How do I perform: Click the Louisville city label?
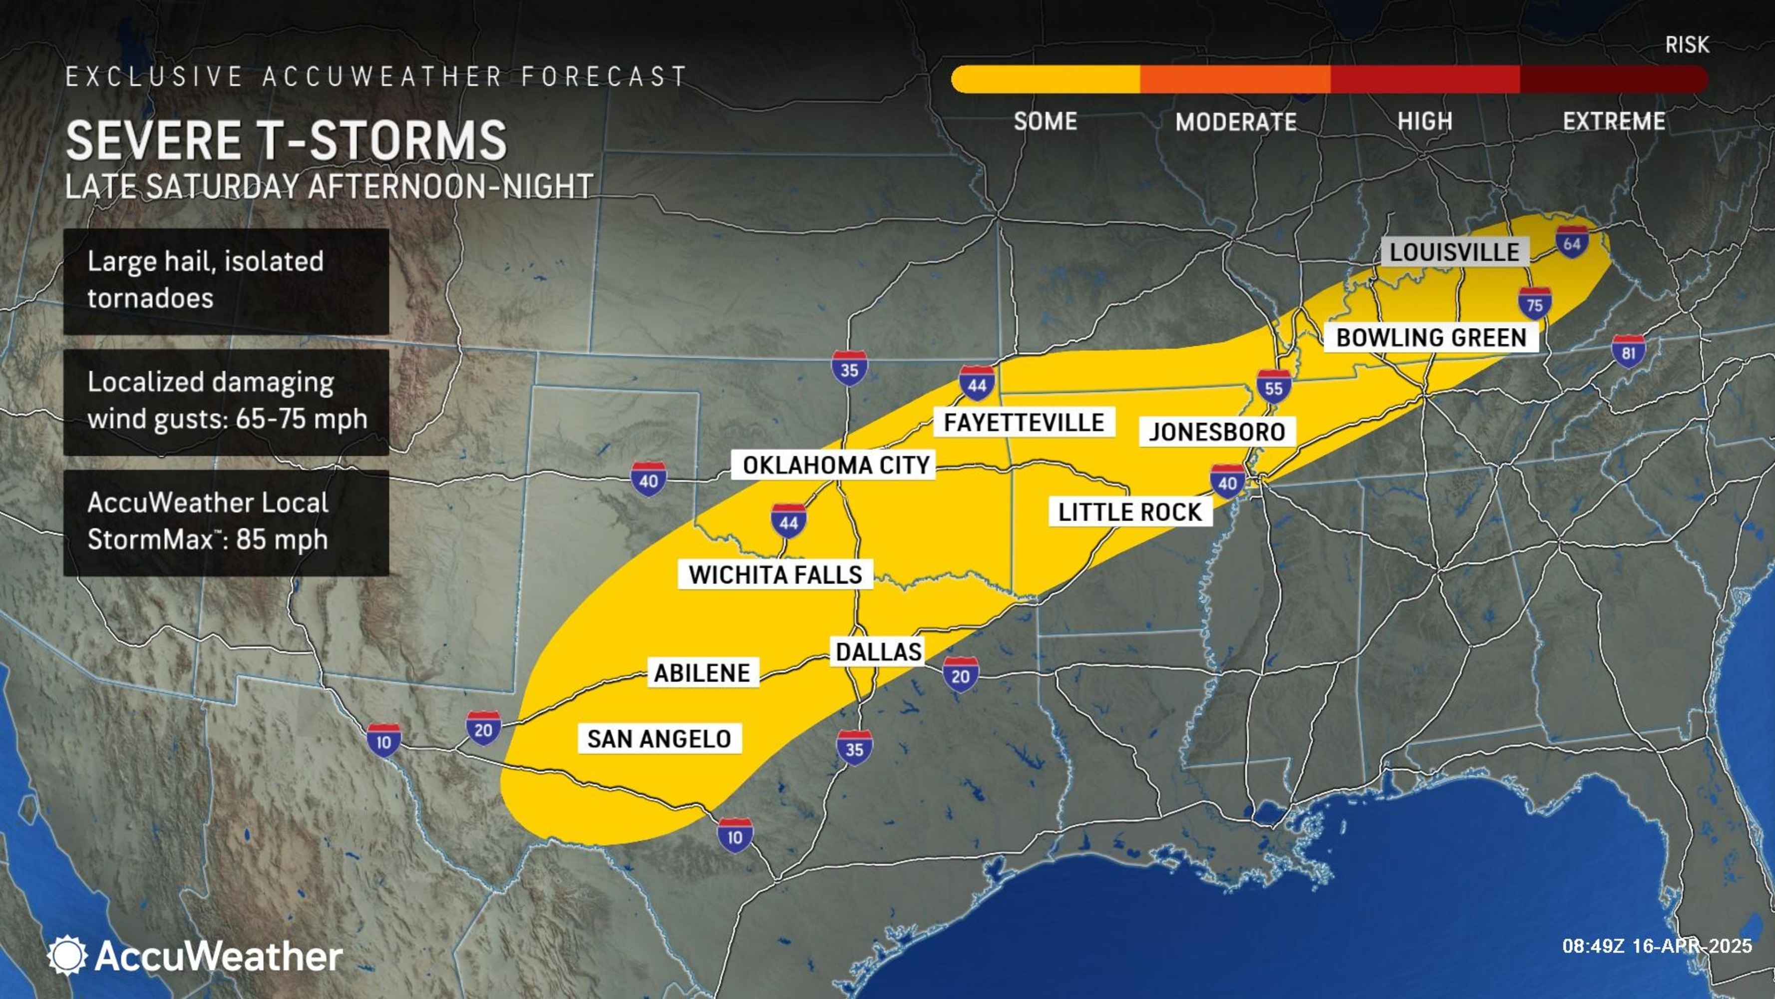[1454, 252]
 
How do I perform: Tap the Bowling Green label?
[1431, 338]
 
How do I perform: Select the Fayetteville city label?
[1024, 422]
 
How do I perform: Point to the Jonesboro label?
[1217, 432]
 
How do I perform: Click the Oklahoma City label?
[836, 466]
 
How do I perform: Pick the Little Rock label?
[1130, 512]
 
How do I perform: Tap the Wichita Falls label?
[775, 574]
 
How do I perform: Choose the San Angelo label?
[659, 738]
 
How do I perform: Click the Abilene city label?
[702, 672]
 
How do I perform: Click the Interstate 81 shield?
[1628, 352]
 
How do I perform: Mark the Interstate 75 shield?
[1534, 304]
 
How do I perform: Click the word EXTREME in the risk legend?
[1614, 121]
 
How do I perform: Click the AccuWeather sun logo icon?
[67, 955]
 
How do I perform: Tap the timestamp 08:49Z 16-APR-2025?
[1657, 945]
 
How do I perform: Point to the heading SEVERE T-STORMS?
[286, 140]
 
